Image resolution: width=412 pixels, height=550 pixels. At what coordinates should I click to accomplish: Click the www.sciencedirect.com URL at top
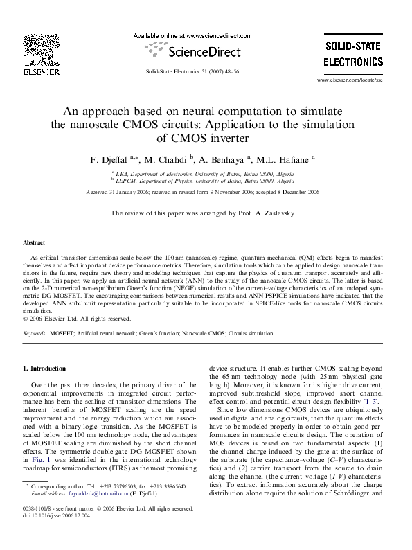(x=192, y=35)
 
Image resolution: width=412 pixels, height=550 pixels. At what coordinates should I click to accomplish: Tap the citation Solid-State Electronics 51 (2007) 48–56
(x=193, y=71)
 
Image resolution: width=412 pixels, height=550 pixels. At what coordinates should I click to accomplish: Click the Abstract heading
(x=34, y=243)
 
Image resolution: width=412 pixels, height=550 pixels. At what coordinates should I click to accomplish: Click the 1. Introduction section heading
(x=45, y=369)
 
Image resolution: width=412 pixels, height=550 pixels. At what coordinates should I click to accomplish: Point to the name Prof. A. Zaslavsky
(x=271, y=213)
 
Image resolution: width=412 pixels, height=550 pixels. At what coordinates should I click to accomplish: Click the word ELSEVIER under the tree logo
(x=39, y=71)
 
